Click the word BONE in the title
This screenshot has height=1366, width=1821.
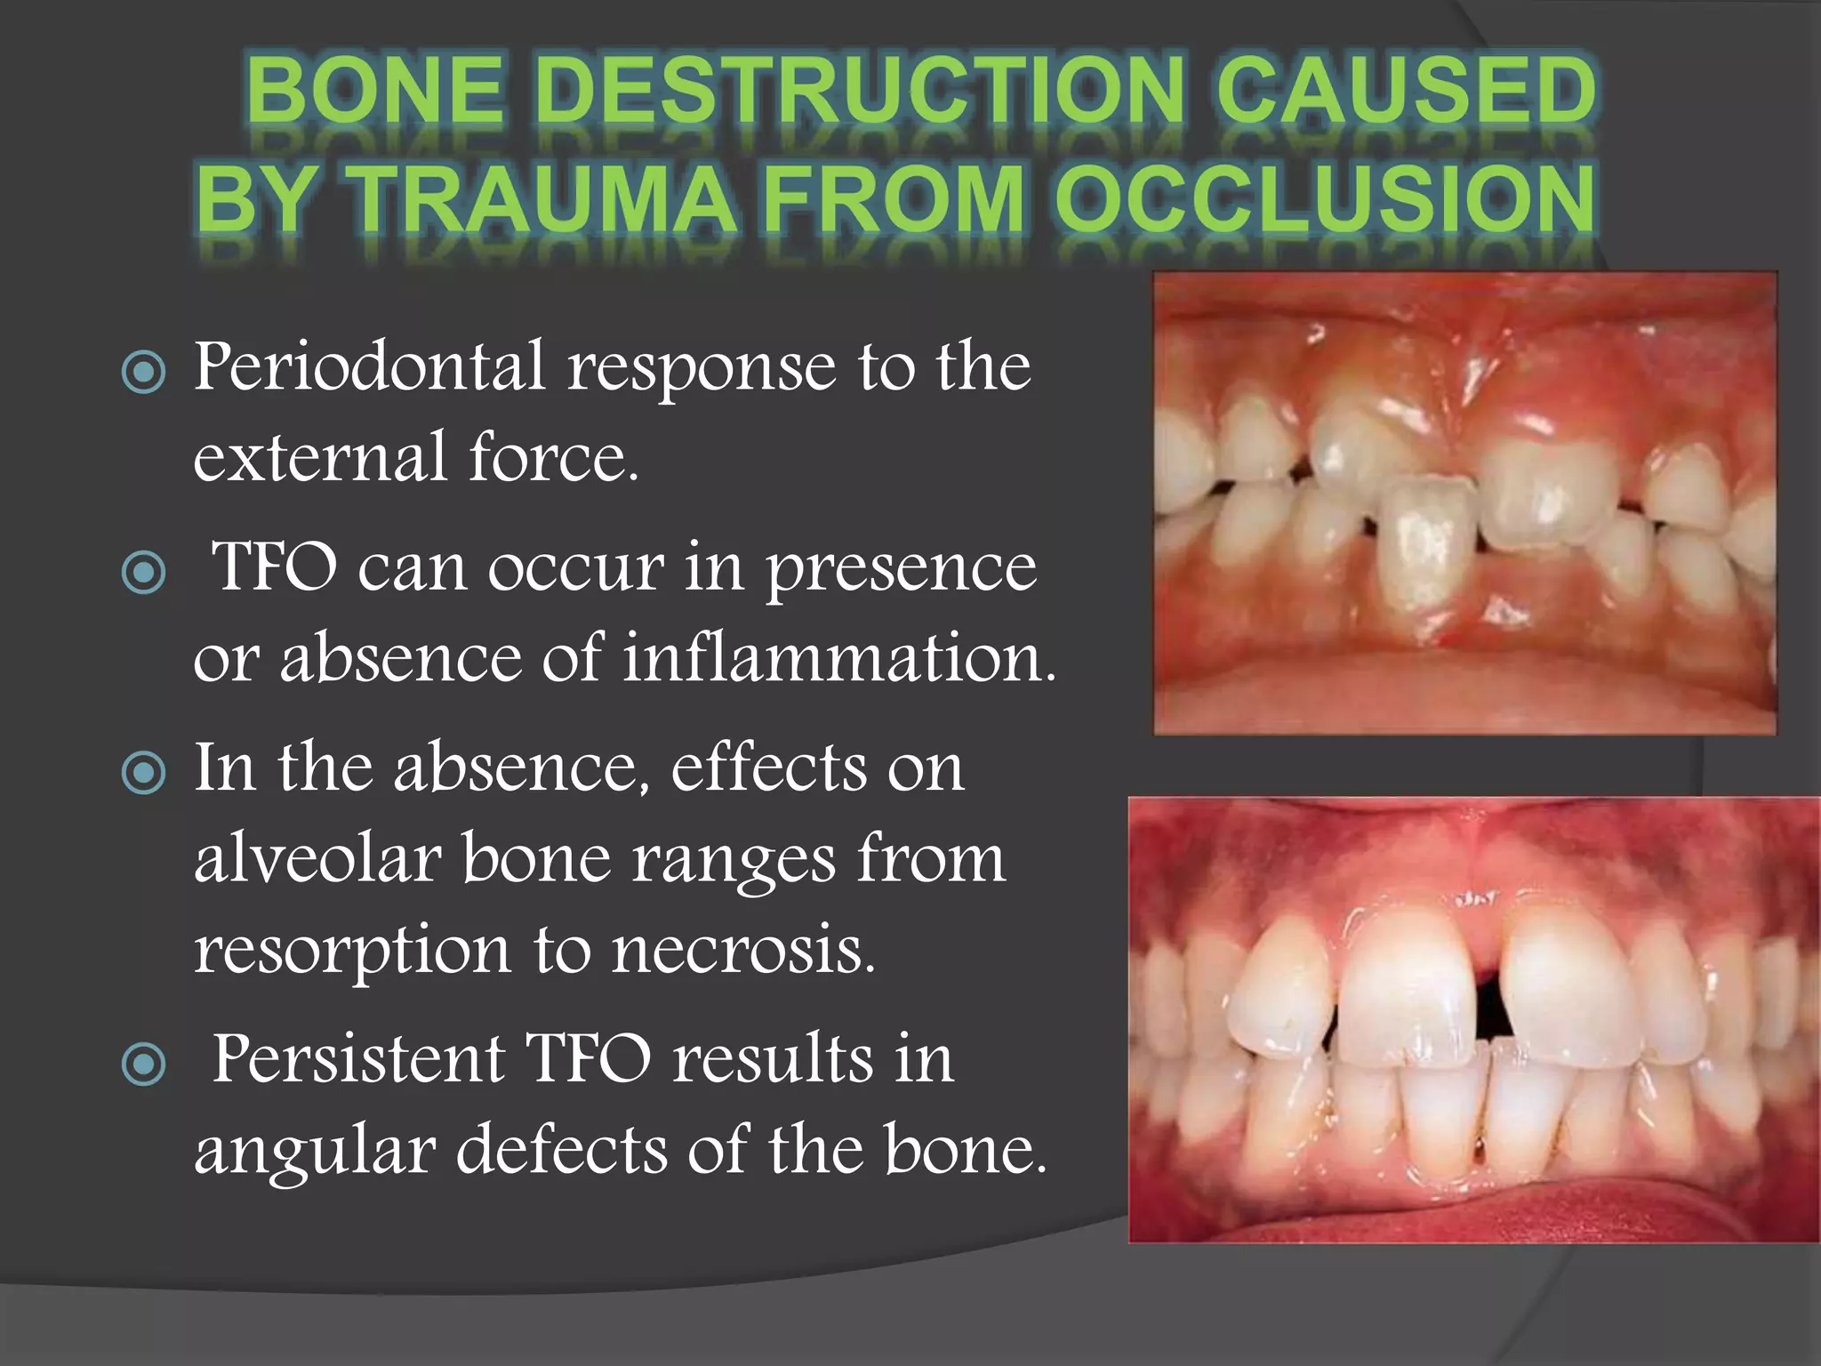(x=374, y=90)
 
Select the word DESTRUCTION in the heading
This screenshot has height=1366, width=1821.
(x=861, y=90)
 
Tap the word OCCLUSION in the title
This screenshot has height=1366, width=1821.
(x=1325, y=198)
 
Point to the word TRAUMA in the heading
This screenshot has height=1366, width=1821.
(x=541, y=198)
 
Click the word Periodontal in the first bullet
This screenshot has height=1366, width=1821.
(x=369, y=366)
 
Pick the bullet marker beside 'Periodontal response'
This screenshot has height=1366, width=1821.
(x=143, y=372)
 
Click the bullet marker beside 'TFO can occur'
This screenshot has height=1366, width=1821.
(x=143, y=573)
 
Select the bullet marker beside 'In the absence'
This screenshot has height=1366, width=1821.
(x=143, y=773)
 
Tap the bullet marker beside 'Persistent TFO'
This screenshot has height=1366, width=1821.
(x=143, y=1064)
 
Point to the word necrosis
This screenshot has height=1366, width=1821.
(x=743, y=950)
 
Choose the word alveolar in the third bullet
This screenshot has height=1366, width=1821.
(x=317, y=859)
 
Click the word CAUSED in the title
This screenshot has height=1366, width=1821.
(x=1405, y=90)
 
